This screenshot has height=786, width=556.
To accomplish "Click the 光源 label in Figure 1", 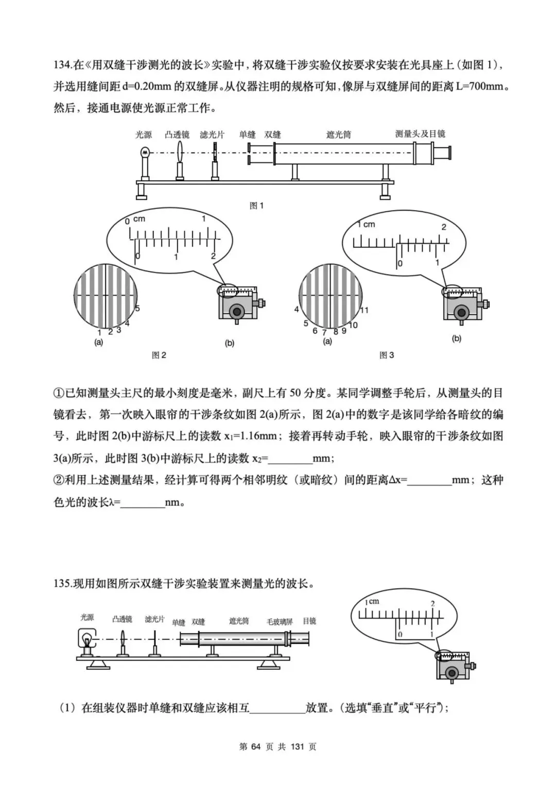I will pyautogui.click(x=144, y=135).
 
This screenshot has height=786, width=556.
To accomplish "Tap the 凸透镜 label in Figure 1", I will pyautogui.click(x=177, y=135).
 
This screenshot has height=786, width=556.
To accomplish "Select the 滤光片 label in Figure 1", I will pyautogui.click(x=212, y=135).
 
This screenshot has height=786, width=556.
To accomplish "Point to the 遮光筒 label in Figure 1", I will pyautogui.click(x=338, y=135).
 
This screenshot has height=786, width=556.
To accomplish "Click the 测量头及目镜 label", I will pyautogui.click(x=420, y=134).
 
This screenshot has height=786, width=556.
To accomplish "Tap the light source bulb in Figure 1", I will pyautogui.click(x=145, y=152).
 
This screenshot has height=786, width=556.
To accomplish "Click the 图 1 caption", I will pyautogui.click(x=256, y=206).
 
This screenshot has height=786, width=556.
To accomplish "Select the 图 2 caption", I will pyautogui.click(x=159, y=355).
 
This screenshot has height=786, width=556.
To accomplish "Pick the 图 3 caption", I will pyautogui.click(x=387, y=355).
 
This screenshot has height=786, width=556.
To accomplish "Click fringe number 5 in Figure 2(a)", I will pyautogui.click(x=137, y=309).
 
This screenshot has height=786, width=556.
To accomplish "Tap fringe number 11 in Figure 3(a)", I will pyautogui.click(x=364, y=310).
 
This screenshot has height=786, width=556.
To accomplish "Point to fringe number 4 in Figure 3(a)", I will pyautogui.click(x=297, y=310).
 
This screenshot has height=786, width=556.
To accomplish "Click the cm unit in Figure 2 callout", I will pyautogui.click(x=139, y=219).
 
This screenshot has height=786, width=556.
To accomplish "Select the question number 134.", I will pyautogui.click(x=62, y=65).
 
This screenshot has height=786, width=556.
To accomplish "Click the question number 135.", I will pyautogui.click(x=62, y=584).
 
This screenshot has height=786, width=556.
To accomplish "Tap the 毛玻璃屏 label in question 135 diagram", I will pyautogui.click(x=280, y=622).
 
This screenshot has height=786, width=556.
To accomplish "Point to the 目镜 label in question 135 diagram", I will pyautogui.click(x=309, y=621).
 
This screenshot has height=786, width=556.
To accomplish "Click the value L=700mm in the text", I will pyautogui.click(x=479, y=87).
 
